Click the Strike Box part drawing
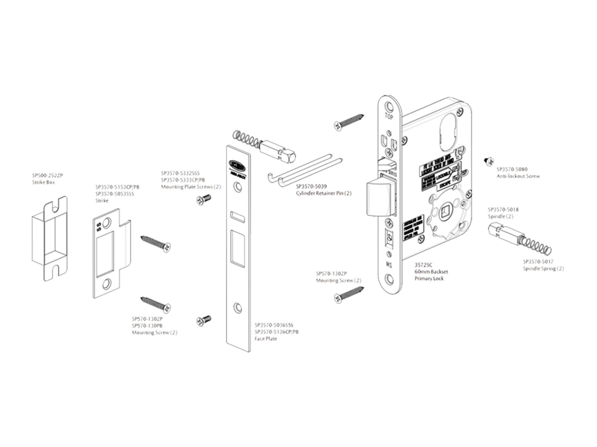pyautogui.click(x=50, y=238)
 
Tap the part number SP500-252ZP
pyautogui.click(x=47, y=176)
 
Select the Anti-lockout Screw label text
pyautogui.click(x=518, y=176)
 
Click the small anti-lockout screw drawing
pyautogui.click(x=489, y=161)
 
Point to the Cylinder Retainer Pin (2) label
pyautogui.click(x=324, y=193)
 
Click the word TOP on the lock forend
pyautogui.click(x=389, y=117)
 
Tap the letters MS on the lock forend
pyautogui.click(x=389, y=265)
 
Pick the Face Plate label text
pyautogui.click(x=266, y=339)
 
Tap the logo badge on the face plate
pyautogui.click(x=237, y=164)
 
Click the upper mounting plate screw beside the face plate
pyautogui.click(x=204, y=199)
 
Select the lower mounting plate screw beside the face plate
pyautogui.click(x=204, y=320)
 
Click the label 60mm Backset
pyautogui.click(x=431, y=272)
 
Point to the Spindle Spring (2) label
pyautogui.click(x=543, y=269)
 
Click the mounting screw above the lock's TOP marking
pyautogui.click(x=348, y=121)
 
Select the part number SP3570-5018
pyautogui.click(x=503, y=210)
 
